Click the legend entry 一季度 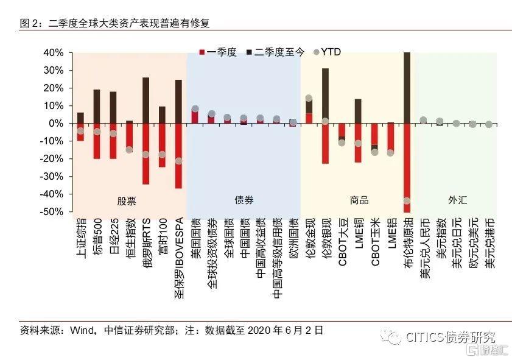(219, 52)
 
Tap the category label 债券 (244, 200)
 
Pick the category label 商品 (359, 200)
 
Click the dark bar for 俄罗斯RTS (146, 100)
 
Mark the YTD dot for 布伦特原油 (407, 201)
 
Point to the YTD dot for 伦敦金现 (309, 98)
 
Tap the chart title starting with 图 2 (115, 23)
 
